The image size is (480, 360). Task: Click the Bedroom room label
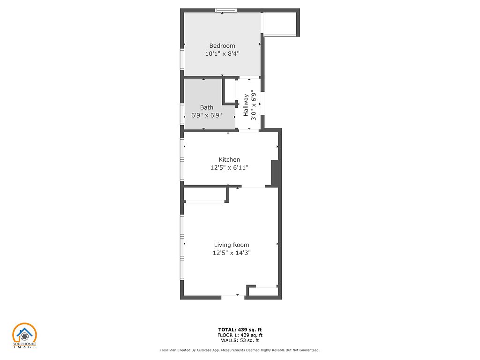pos(222,45)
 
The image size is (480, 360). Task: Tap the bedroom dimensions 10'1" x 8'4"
pos(222,53)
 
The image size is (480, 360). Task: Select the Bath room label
pos(207,107)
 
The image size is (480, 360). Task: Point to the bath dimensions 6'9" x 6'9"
pos(207,115)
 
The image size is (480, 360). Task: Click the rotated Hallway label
pos(246,105)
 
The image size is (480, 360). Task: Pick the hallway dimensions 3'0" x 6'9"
pos(254,105)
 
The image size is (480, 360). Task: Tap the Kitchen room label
pos(229,159)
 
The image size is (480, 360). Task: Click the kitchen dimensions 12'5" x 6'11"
pos(229,167)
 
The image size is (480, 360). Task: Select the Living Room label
pos(232,245)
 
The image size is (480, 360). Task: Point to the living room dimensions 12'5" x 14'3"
pos(232,253)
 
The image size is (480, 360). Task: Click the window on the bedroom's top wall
pos(226,10)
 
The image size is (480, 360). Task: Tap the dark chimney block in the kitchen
pos(275,173)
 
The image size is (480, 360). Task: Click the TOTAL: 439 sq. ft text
pos(240,330)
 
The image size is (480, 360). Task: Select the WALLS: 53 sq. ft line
pos(240,340)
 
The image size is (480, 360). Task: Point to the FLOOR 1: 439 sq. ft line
pos(240,335)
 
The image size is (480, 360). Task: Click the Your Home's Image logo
pos(24,336)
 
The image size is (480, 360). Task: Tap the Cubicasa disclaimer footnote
pos(240,350)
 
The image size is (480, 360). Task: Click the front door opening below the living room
pos(233,297)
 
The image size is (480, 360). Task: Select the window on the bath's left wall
pos(182,114)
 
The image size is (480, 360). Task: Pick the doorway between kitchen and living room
pos(253,186)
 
